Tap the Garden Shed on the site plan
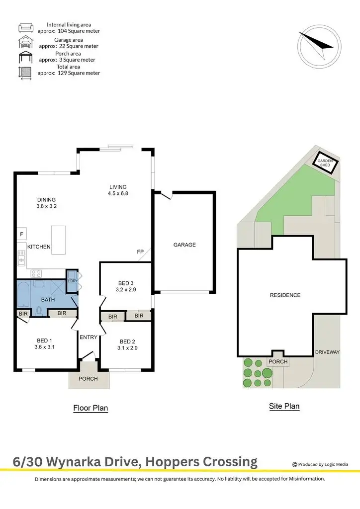[x=327, y=163]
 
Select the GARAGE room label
[x=184, y=245]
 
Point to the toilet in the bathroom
[x=39, y=311]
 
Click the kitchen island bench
[x=58, y=240]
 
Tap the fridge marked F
[x=21, y=234]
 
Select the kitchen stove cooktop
[x=36, y=273]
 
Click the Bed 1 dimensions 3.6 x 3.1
[x=44, y=348]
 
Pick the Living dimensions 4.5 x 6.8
[x=119, y=194]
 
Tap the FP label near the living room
[x=140, y=252]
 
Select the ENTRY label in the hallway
[x=89, y=338]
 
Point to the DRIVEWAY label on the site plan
[x=327, y=352]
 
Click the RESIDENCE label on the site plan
[x=285, y=295]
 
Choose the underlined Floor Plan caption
[x=90, y=408]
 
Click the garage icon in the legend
[x=25, y=43]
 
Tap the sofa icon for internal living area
[x=25, y=27]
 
